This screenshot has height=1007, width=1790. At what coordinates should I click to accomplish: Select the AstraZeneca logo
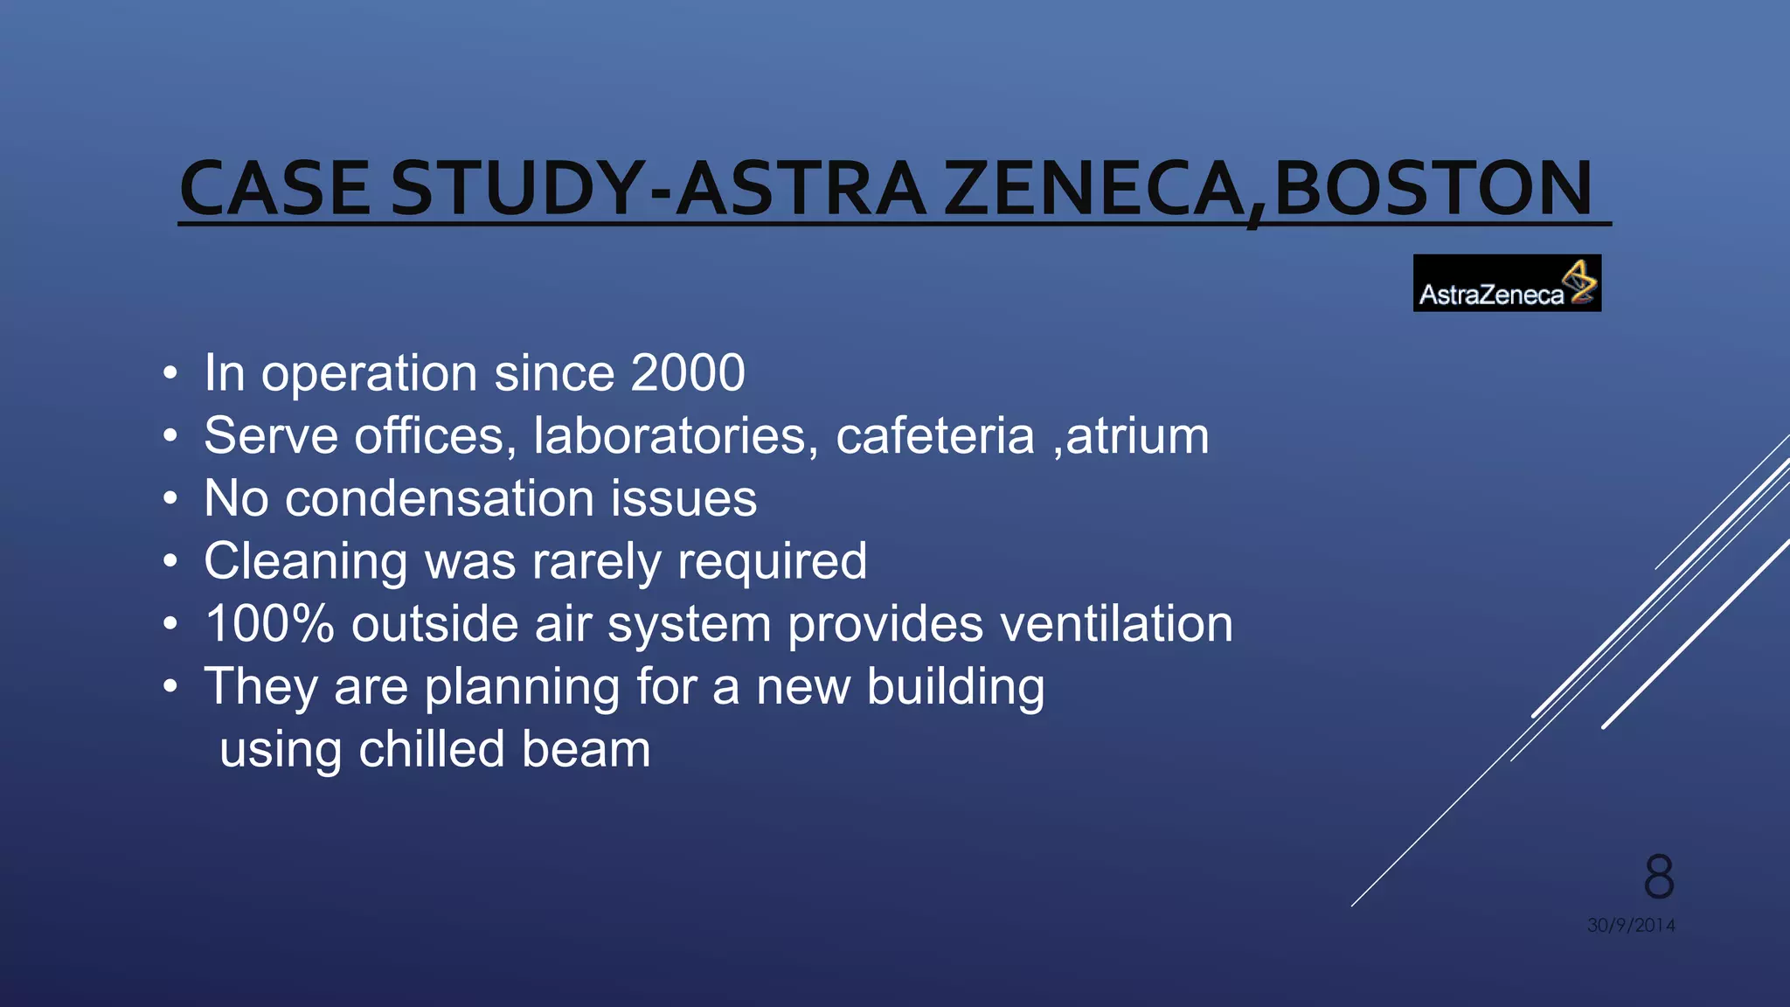pos(1506,283)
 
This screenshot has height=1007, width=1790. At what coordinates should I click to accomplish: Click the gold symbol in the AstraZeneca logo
pos(1580,281)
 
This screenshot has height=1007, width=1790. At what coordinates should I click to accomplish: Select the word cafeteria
pos(934,435)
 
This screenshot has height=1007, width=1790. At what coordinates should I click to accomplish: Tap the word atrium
pos(1137,435)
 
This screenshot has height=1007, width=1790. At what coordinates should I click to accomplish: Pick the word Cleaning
pos(305,561)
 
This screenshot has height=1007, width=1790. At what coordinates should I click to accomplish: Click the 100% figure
pos(269,624)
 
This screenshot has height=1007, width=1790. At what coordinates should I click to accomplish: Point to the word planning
pos(522,687)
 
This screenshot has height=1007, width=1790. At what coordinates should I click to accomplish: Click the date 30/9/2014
pos(1631,925)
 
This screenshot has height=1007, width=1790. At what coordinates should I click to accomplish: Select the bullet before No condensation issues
pos(170,499)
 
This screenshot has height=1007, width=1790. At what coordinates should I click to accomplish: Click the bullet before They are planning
pos(170,688)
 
